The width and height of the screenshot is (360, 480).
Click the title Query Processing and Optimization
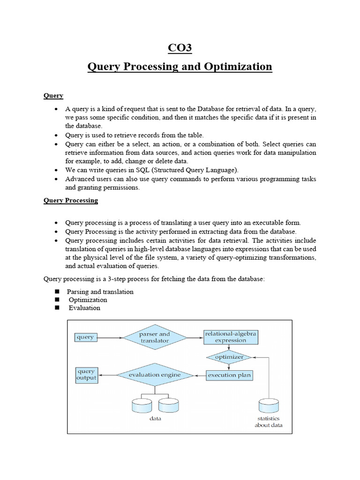pyautogui.click(x=180, y=67)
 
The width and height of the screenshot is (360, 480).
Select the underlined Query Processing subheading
pyautogui.click(x=71, y=200)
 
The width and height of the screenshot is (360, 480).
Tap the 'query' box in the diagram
pyautogui.click(x=85, y=337)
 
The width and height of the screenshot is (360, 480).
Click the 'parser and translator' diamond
pyautogui.click(x=155, y=337)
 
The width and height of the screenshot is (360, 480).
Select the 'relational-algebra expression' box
pyautogui.click(x=231, y=337)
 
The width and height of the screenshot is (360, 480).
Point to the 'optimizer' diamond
pyautogui.click(x=229, y=357)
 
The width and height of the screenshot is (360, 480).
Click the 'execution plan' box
pyautogui.click(x=229, y=375)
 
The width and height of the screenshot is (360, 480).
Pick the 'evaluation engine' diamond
pyautogui.click(x=155, y=375)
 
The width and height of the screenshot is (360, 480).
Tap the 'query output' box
pyautogui.click(x=86, y=375)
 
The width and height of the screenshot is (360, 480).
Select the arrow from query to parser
pyautogui.click(x=110, y=337)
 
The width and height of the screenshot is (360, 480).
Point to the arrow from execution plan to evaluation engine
pyautogui.click(x=200, y=375)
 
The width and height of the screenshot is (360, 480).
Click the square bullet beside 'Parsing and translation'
pyautogui.click(x=57, y=292)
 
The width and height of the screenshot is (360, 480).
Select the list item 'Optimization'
pyautogui.click(x=88, y=300)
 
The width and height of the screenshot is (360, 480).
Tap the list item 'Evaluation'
pyautogui.click(x=84, y=308)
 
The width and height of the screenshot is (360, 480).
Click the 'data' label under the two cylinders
pyautogui.click(x=155, y=418)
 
